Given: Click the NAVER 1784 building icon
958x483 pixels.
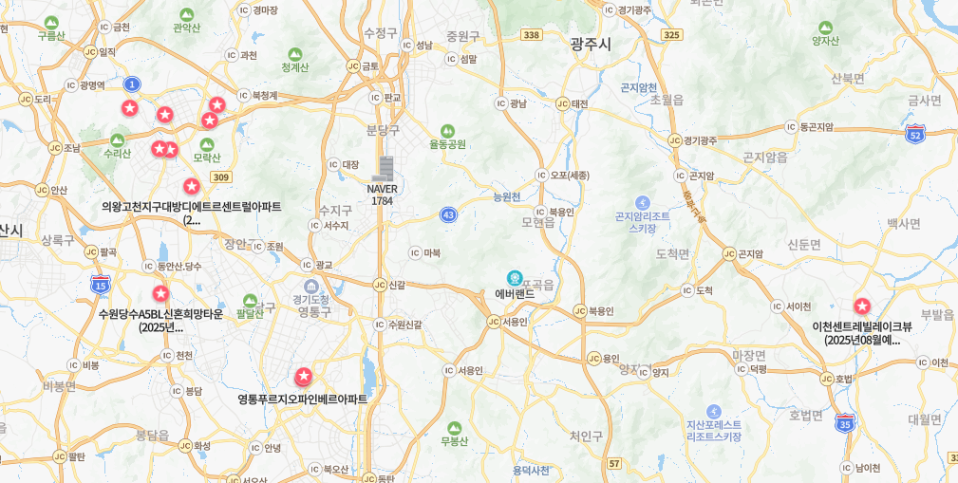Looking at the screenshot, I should coord(383,169).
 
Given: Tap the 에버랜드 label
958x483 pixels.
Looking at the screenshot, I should coord(515,294).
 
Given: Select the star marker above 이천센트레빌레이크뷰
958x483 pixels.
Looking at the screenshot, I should coord(862,307).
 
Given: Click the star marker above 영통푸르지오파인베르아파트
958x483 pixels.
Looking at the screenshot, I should coord(304,377).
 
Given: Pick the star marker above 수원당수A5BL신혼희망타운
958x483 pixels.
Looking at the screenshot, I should coord(160,294).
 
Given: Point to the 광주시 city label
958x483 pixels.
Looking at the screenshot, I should coord(591,44).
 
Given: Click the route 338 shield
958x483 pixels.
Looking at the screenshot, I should coord(532,35).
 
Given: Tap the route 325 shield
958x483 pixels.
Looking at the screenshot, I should coord(672,35).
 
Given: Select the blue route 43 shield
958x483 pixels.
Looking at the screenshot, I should coord(448,215).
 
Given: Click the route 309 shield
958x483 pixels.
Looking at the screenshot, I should coord(221,176).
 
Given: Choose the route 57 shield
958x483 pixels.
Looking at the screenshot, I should coord(615,463).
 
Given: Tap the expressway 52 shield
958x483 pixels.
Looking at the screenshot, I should coord(915,134).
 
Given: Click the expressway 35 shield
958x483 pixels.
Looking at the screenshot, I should coord(845,423).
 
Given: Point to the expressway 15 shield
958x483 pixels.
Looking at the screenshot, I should coord(101,283).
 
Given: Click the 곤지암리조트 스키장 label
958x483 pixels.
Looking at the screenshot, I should coord(643,222).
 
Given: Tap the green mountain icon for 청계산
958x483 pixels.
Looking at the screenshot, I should coord(295,54).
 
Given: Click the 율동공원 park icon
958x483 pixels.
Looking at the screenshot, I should coord(447,131).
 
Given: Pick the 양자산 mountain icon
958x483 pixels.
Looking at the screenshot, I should coord(825,27).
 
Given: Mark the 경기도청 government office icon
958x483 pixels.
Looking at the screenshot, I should coord(311,286).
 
